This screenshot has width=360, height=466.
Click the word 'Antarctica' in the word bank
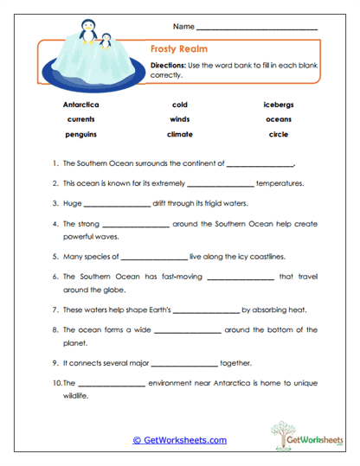(x=81, y=105)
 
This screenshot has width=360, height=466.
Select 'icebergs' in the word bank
(x=279, y=105)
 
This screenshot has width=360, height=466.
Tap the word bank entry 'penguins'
(x=80, y=135)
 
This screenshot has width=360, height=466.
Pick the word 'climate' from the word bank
(x=180, y=135)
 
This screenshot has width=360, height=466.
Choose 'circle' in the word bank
(x=279, y=135)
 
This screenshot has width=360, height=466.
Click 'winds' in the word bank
(x=180, y=119)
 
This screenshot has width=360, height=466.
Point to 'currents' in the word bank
(x=80, y=119)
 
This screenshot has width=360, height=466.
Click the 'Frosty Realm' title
(x=178, y=49)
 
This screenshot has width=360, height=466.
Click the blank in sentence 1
(x=260, y=164)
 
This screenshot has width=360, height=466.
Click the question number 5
(x=55, y=257)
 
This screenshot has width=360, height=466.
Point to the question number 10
(x=56, y=383)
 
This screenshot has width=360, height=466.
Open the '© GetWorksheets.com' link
(x=180, y=440)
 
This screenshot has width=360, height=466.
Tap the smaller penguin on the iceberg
(x=106, y=40)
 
